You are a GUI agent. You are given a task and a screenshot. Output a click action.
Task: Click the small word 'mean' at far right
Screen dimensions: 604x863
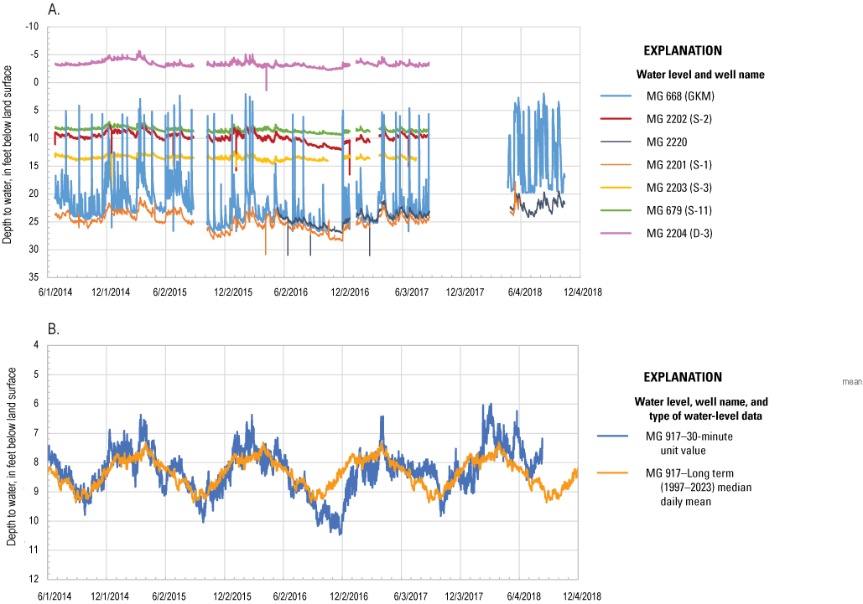[851, 381]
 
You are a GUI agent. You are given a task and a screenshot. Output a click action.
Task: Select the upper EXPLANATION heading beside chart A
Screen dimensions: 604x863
[681, 50]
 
